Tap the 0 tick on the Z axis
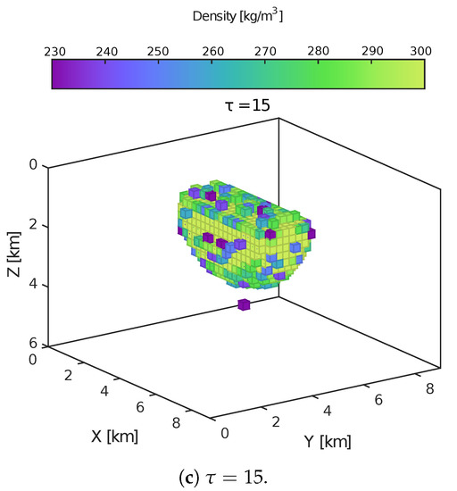[33, 166]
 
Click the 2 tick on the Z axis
[33, 226]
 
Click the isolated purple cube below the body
[243, 305]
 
